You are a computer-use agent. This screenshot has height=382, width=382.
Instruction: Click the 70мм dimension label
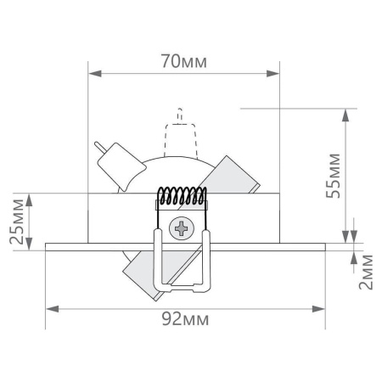click(x=183, y=62)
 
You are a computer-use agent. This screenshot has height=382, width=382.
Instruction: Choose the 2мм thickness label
click(x=367, y=270)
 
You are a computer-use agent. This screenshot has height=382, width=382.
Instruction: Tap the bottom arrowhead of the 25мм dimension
click(x=30, y=240)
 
